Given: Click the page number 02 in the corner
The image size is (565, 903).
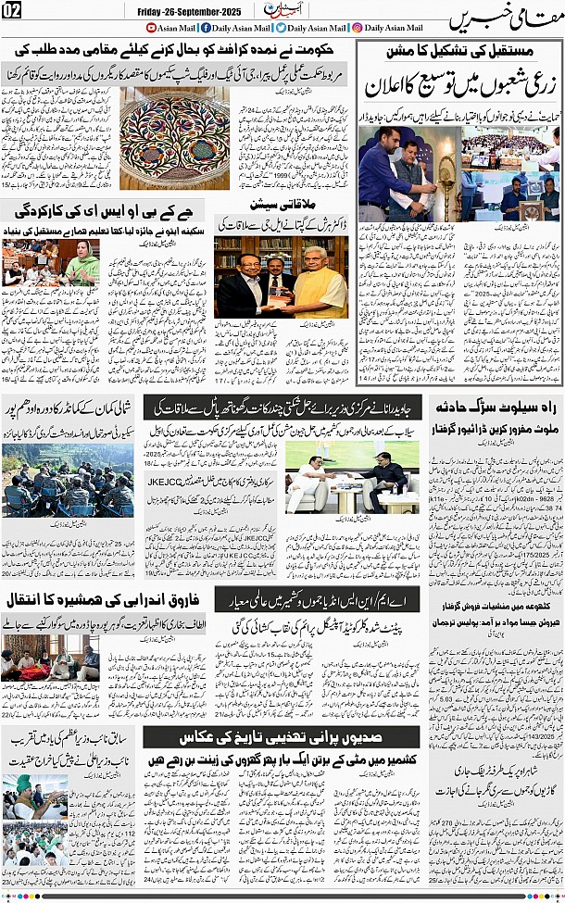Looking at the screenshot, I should [x=15, y=11].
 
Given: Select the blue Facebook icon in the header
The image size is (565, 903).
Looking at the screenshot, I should [x=205, y=28].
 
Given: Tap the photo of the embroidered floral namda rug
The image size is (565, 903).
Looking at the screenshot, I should [x=174, y=136].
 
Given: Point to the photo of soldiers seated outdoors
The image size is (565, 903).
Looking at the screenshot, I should [x=54, y=482].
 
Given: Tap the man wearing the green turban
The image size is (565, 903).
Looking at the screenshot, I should [x=24, y=785].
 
